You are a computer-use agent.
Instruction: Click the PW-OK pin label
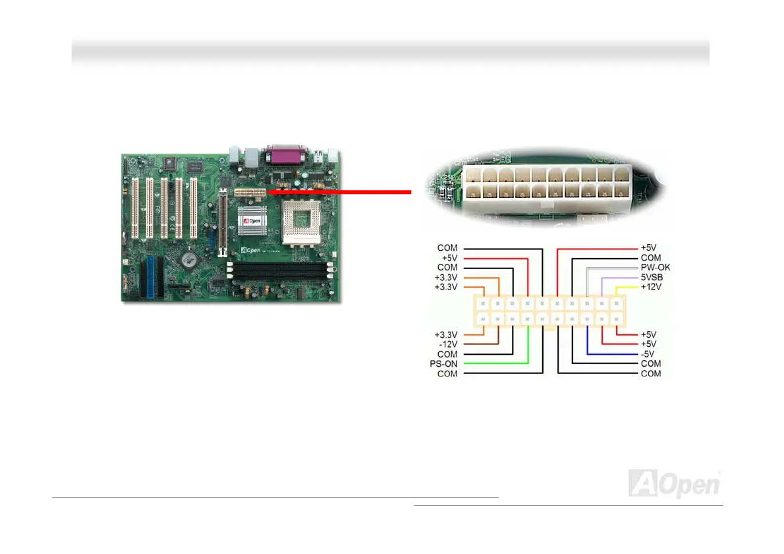click(655, 268)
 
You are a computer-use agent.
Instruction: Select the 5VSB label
click(652, 278)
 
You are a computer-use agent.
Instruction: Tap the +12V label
click(652, 288)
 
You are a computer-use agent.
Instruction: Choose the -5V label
click(649, 354)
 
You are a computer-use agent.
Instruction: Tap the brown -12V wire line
click(484, 344)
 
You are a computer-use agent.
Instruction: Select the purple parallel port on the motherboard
click(283, 156)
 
